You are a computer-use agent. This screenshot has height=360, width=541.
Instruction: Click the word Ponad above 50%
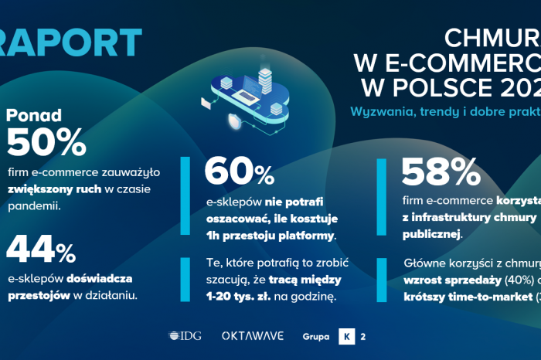pyautogui.click(x=35, y=116)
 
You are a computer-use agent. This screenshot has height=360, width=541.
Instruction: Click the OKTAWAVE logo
pyautogui.click(x=253, y=336)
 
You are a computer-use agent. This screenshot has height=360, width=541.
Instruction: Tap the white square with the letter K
pyautogui.click(x=347, y=336)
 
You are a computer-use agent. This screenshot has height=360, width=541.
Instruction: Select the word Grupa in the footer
pyautogui.click(x=317, y=337)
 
